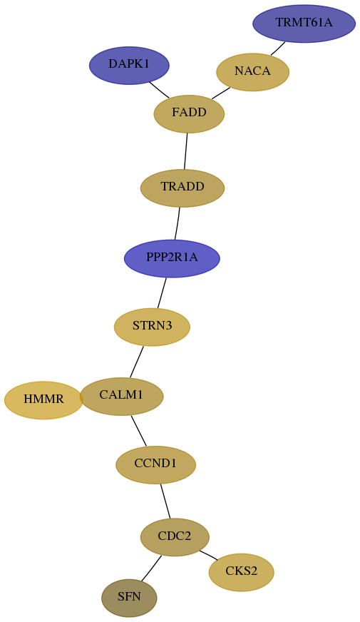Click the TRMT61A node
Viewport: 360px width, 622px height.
click(x=304, y=24)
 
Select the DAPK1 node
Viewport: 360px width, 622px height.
click(x=129, y=66)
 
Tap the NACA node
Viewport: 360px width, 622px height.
click(x=252, y=72)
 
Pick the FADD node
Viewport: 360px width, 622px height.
click(x=189, y=114)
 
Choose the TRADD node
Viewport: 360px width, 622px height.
click(x=182, y=188)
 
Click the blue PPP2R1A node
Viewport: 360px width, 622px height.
click(x=172, y=259)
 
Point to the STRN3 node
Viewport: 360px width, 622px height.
click(x=153, y=327)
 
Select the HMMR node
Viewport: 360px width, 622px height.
click(x=43, y=400)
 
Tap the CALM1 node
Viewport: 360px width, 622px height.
click(x=121, y=397)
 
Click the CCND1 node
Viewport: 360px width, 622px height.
click(x=156, y=464)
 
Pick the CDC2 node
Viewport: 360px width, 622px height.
click(x=175, y=537)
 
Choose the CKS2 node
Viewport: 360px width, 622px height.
click(x=242, y=572)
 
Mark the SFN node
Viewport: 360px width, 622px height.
click(x=129, y=598)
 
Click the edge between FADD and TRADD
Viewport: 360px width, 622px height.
click(x=185, y=151)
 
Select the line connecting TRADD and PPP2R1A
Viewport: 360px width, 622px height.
click(x=178, y=223)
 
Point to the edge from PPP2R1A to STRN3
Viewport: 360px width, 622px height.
click(x=162, y=292)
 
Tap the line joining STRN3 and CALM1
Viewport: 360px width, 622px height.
click(x=136, y=362)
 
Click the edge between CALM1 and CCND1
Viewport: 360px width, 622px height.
click(x=139, y=430)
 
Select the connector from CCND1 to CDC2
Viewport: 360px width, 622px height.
click(x=165, y=501)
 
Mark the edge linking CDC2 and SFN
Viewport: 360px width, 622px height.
click(x=151, y=569)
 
